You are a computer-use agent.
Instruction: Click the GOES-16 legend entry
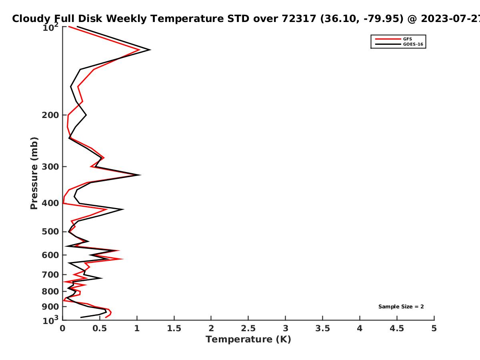point(399,44)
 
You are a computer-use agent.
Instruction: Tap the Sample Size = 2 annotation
point(401,307)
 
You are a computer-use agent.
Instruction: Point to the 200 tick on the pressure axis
point(50,115)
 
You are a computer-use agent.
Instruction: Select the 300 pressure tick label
point(50,167)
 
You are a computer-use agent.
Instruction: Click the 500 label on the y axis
point(50,232)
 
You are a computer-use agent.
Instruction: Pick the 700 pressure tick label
point(50,275)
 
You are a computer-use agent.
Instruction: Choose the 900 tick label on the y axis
point(50,307)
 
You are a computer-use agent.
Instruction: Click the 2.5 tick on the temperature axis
point(248,328)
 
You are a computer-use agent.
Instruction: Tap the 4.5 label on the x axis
point(397,328)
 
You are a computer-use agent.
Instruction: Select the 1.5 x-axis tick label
point(174,328)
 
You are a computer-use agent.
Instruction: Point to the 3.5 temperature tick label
point(322,328)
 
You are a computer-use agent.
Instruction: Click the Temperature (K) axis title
point(248,340)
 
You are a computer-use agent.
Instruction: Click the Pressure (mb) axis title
point(34,173)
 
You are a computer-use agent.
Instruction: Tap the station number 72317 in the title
point(299,19)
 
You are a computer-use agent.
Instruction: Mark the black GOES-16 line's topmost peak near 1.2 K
point(150,50)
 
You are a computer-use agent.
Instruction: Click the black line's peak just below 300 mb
point(140,175)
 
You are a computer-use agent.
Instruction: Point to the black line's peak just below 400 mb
point(123,209)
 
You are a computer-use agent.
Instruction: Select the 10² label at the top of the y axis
point(50,27)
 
